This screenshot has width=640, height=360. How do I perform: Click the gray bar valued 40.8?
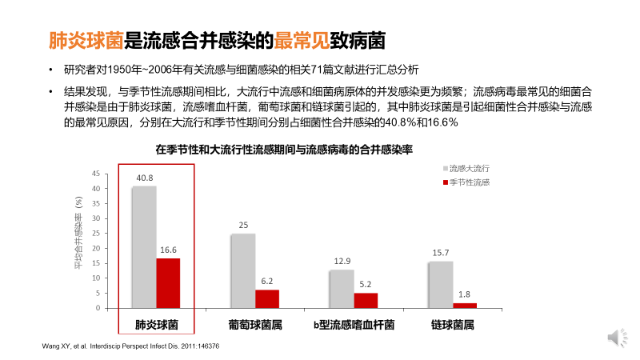144,247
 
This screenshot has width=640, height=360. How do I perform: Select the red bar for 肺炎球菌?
168,283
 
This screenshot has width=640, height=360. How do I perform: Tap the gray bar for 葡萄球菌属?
243,271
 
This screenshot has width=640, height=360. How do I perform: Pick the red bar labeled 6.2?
267,299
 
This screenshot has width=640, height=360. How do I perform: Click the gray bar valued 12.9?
342,289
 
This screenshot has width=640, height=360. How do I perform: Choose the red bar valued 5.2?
366,301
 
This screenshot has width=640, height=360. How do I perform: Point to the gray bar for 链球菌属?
441,285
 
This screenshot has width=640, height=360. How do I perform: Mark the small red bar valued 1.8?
465,306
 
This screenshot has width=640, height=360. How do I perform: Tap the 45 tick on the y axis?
96,174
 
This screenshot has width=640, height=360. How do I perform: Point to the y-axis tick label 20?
96,249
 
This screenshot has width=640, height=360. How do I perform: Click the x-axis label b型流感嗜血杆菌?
354,326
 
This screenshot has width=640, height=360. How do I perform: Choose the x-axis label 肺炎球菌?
156,326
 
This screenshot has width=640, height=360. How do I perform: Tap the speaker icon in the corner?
614,338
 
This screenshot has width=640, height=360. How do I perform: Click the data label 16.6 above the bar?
168,250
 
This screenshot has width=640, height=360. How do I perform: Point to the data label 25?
243,226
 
